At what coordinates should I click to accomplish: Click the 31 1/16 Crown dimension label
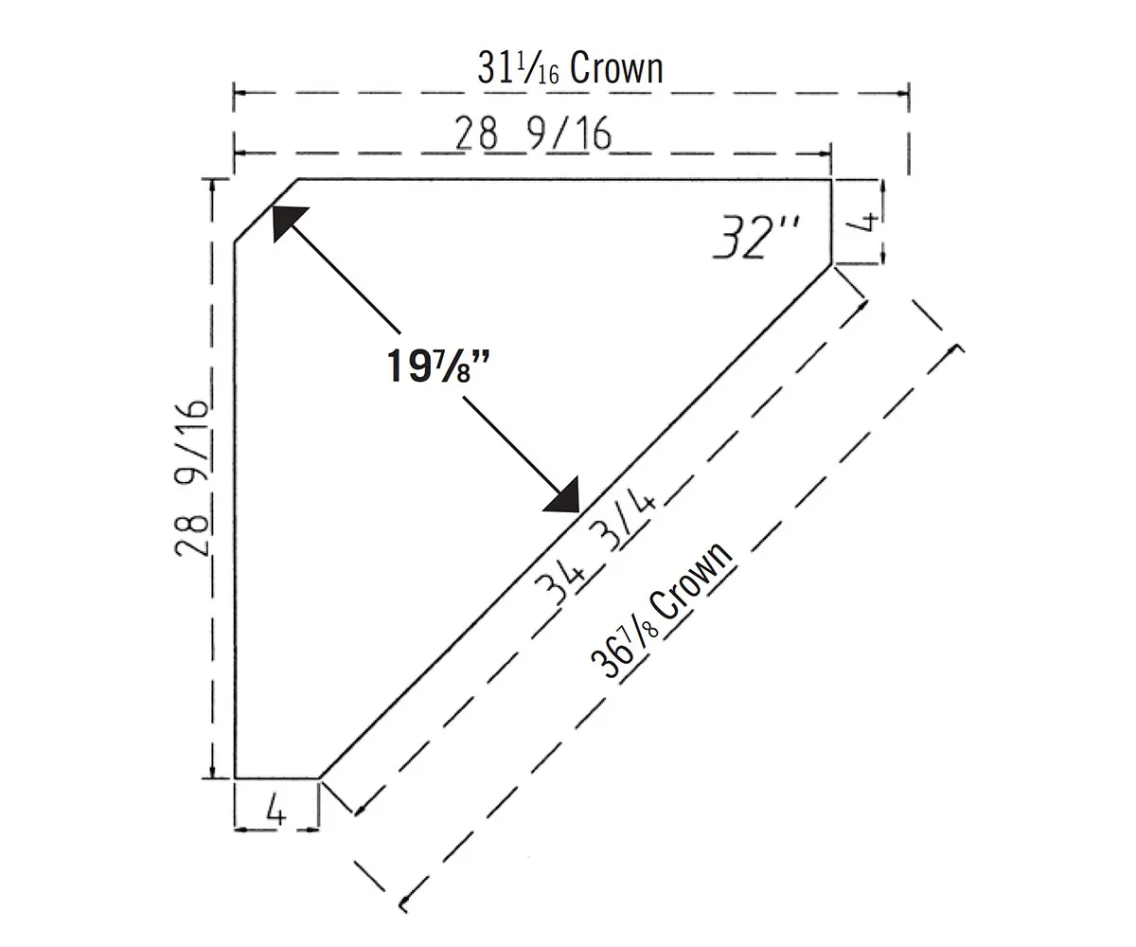click(x=570, y=67)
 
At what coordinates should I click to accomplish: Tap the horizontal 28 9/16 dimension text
click(x=533, y=134)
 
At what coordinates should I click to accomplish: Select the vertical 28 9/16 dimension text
click(x=191, y=479)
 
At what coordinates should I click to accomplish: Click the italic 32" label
click(x=755, y=237)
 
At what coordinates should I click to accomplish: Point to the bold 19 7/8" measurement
click(x=438, y=366)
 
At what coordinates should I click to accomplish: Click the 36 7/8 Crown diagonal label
click(x=662, y=611)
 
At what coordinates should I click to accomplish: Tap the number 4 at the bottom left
click(x=275, y=813)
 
